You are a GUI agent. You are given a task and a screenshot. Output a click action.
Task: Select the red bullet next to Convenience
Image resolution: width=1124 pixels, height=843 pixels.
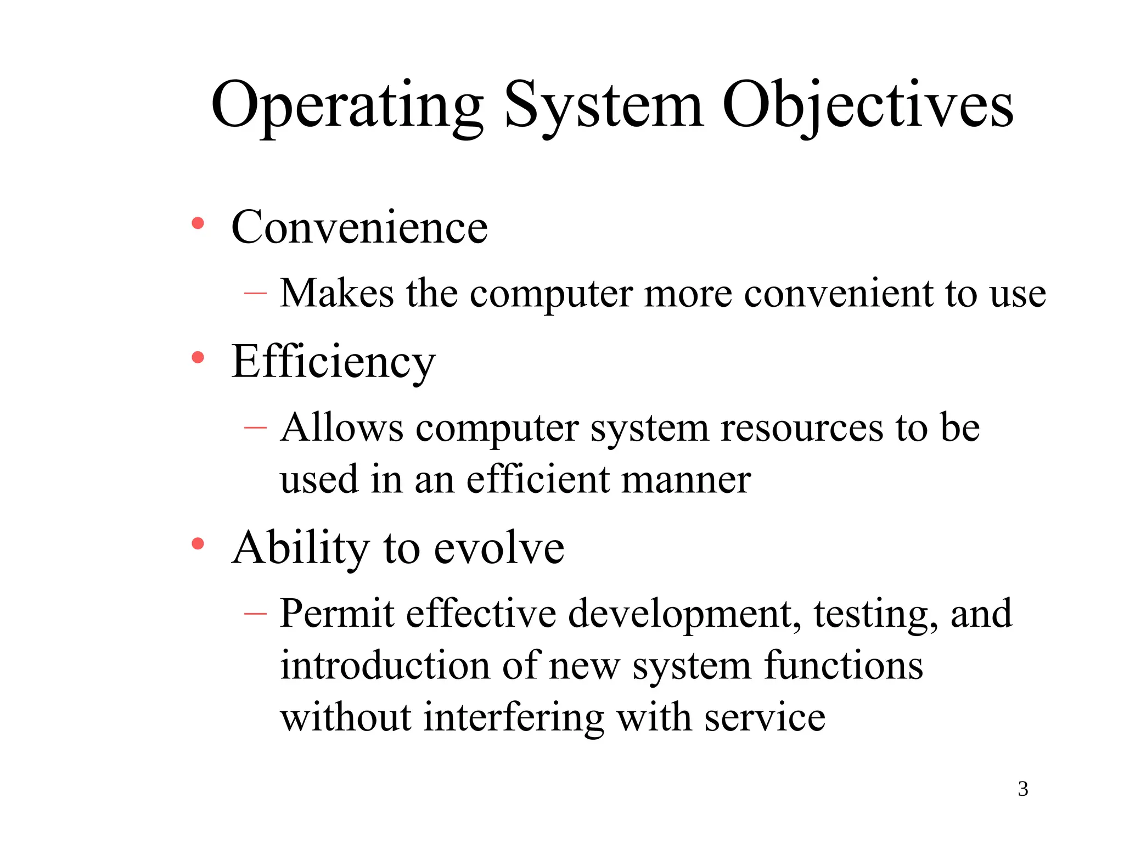[198, 224]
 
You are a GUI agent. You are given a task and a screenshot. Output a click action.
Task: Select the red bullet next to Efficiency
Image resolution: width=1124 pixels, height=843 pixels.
[198, 358]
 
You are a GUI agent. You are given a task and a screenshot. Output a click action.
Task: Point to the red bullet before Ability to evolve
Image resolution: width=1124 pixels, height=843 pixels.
[198, 544]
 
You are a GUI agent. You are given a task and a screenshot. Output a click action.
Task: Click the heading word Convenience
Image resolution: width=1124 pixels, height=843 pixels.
[359, 227]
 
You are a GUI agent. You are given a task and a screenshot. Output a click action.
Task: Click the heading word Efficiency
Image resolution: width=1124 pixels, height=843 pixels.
[333, 362]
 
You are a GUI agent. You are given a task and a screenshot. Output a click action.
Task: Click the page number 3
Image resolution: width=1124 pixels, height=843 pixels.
[1023, 789]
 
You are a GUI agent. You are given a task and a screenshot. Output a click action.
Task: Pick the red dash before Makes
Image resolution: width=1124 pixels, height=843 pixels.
[255, 294]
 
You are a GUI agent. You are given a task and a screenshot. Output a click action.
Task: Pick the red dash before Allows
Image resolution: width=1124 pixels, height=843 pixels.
[255, 428]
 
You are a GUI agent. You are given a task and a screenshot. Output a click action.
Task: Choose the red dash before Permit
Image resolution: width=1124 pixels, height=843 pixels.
[255, 613]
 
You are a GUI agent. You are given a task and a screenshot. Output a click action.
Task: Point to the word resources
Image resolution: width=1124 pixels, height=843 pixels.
[802, 428]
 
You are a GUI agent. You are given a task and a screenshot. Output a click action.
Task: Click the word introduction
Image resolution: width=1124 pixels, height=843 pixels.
[385, 665]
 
